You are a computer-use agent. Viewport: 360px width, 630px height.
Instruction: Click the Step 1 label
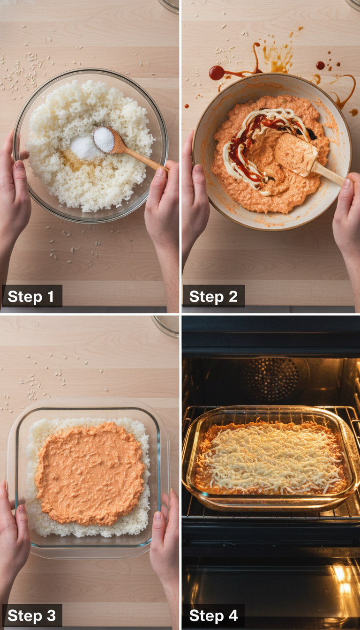[x=31, y=296]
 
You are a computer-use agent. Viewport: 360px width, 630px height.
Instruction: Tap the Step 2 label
[x=213, y=296]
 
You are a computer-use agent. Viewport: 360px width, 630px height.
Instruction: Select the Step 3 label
[x=31, y=615]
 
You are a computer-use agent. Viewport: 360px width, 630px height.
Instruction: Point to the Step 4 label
[x=213, y=615]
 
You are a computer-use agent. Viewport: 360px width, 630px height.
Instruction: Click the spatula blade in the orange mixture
[x=296, y=155]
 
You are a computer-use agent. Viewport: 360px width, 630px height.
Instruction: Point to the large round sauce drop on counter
[x=217, y=73]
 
